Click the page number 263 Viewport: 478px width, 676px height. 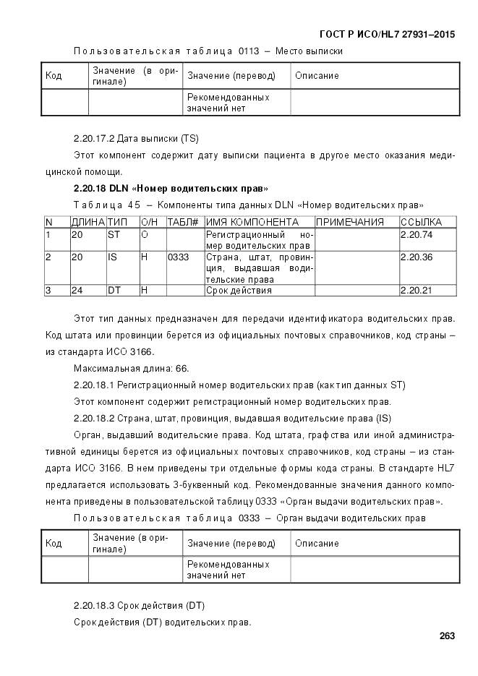[446, 636]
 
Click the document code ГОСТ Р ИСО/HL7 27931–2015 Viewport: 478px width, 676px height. [387, 34]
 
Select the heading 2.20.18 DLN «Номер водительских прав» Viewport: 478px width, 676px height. [171, 188]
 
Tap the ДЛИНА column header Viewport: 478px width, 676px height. [88, 222]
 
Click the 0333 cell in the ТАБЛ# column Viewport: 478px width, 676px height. [178, 257]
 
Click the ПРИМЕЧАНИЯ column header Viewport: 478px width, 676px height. [350, 222]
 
